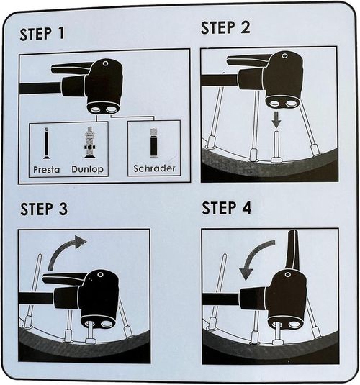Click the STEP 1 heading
point(42,34)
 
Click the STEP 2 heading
point(225,27)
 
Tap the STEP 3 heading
point(44,209)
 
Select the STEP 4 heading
point(226,208)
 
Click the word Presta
point(47,169)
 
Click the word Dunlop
point(88,169)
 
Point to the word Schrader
point(154,168)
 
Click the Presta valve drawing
point(46,143)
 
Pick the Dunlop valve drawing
point(89,142)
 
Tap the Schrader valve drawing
point(154,142)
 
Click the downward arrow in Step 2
point(276,119)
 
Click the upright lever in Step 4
point(293,250)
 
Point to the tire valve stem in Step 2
point(276,147)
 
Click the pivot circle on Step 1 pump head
point(105,63)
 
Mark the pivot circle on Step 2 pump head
point(284,55)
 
